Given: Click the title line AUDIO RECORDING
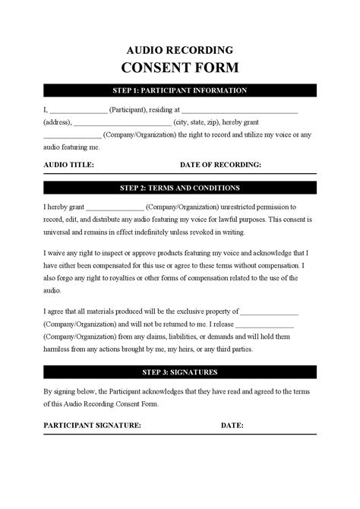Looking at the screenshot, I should [x=179, y=46].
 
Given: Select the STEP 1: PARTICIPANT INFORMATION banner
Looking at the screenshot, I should [x=179, y=90].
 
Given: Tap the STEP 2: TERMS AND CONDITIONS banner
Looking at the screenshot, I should [x=179, y=188].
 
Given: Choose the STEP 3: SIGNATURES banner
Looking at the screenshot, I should [x=179, y=372].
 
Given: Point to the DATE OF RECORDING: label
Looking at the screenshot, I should [x=220, y=164].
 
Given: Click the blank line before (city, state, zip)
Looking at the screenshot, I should [x=123, y=123].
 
